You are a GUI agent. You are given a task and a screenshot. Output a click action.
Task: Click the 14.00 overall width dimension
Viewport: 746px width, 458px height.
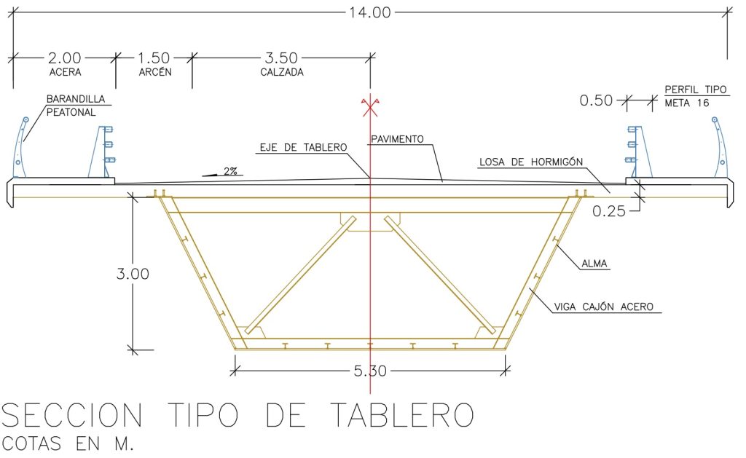pyautogui.click(x=369, y=12)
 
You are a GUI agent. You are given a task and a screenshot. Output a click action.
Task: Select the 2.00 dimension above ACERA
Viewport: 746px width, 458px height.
pyautogui.click(x=64, y=58)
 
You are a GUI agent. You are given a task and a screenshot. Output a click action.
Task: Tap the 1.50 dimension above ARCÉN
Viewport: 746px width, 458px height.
pyautogui.click(x=154, y=58)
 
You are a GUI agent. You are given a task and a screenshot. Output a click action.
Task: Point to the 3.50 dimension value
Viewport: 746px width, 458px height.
pyautogui.click(x=281, y=58)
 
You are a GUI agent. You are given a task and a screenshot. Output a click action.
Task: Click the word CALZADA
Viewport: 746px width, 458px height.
pyautogui.click(x=282, y=72)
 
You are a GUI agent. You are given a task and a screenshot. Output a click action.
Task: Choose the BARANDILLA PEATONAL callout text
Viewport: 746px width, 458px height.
pyautogui.click(x=76, y=106)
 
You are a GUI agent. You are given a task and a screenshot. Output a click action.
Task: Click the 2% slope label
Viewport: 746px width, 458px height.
pyautogui.click(x=230, y=171)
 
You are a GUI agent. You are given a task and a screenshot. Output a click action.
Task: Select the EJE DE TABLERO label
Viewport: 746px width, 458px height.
pyautogui.click(x=303, y=147)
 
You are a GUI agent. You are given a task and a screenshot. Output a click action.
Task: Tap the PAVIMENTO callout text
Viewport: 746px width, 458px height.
pyautogui.click(x=397, y=139)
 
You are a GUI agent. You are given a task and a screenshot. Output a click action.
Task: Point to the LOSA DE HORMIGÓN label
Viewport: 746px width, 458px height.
pyautogui.click(x=531, y=162)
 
